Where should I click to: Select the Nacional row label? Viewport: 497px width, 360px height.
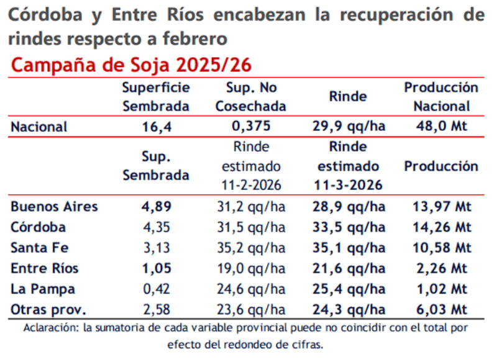tap(39, 127)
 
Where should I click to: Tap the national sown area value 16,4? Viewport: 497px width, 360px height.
tap(155, 127)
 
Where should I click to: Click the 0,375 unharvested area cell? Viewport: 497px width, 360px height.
tap(251, 127)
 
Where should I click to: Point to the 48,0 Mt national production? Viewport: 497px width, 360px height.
tap(441, 127)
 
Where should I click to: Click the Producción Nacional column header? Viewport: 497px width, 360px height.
tap(441, 97)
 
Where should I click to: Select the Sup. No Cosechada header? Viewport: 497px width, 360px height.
tap(251, 97)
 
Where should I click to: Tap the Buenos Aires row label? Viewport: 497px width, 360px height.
tap(54, 207)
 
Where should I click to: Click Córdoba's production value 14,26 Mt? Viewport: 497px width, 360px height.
tap(441, 227)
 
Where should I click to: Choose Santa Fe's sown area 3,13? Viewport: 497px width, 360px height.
tap(155, 248)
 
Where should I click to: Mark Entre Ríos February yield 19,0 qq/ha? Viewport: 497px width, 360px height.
tap(251, 268)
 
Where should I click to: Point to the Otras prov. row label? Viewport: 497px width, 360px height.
tap(48, 309)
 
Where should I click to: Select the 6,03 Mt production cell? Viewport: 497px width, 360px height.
tap(441, 309)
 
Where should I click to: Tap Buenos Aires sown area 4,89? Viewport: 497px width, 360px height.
tap(155, 207)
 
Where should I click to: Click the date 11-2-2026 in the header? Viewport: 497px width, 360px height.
tap(251, 185)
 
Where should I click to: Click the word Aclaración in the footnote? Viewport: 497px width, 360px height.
tap(48, 327)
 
